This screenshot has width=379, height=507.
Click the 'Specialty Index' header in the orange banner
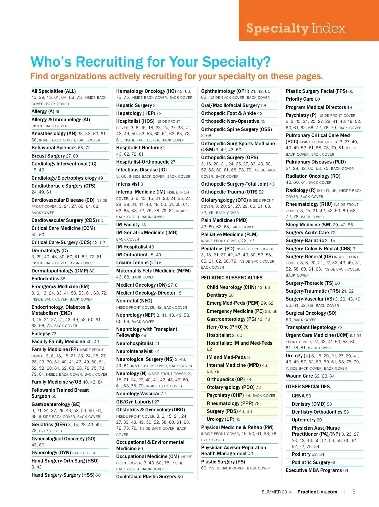point(296,28)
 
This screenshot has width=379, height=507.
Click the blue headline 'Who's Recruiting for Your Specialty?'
point(150,62)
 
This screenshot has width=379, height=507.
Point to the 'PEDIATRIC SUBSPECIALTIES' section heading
point(232,278)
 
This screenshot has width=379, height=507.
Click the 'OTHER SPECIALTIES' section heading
point(307,387)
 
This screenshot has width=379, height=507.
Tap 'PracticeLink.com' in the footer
point(317,492)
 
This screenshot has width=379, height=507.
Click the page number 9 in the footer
point(354,492)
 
